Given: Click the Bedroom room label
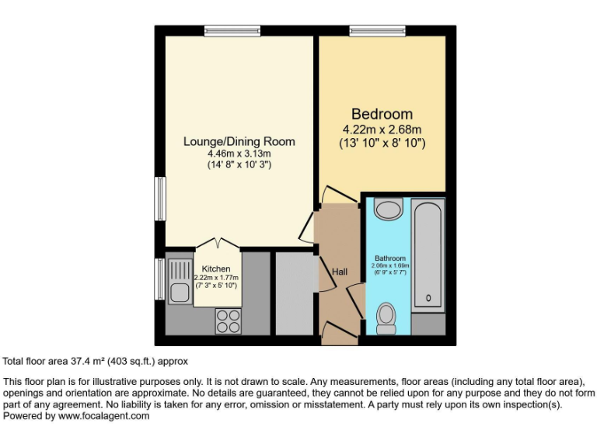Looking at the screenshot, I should pos(382,114).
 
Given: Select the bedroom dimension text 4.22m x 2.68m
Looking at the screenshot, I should pos(382,129).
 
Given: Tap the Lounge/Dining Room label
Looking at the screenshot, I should pos(239,141).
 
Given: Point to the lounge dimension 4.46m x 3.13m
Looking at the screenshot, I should pos(239,154).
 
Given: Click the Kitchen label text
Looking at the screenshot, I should pos(216,269).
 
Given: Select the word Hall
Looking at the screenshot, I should pos(340,272).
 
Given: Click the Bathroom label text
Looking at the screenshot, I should pos(390,258).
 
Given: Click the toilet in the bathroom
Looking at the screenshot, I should pos(386,316).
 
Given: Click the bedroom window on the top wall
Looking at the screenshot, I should pos(377,31).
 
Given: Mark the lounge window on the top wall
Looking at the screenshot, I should pos(232,31).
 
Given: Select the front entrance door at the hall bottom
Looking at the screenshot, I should pos(339,334).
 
